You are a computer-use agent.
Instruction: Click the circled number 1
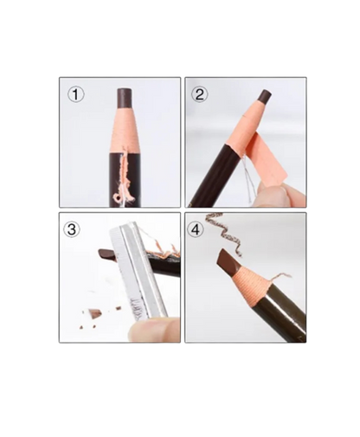click(76, 94)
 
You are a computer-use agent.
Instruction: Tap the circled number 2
click(200, 94)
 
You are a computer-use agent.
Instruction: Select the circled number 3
click(71, 229)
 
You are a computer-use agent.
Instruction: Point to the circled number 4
click(196, 230)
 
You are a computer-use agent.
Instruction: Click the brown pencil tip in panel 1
click(125, 98)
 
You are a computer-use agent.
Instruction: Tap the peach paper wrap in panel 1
click(125, 130)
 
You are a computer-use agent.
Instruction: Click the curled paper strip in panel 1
click(125, 178)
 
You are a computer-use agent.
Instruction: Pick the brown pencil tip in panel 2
click(264, 99)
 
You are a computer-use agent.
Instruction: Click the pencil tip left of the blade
click(107, 254)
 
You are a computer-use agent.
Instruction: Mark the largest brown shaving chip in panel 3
click(94, 312)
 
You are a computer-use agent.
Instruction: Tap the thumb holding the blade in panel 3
click(154, 329)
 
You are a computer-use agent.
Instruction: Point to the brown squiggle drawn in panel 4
click(225, 232)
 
